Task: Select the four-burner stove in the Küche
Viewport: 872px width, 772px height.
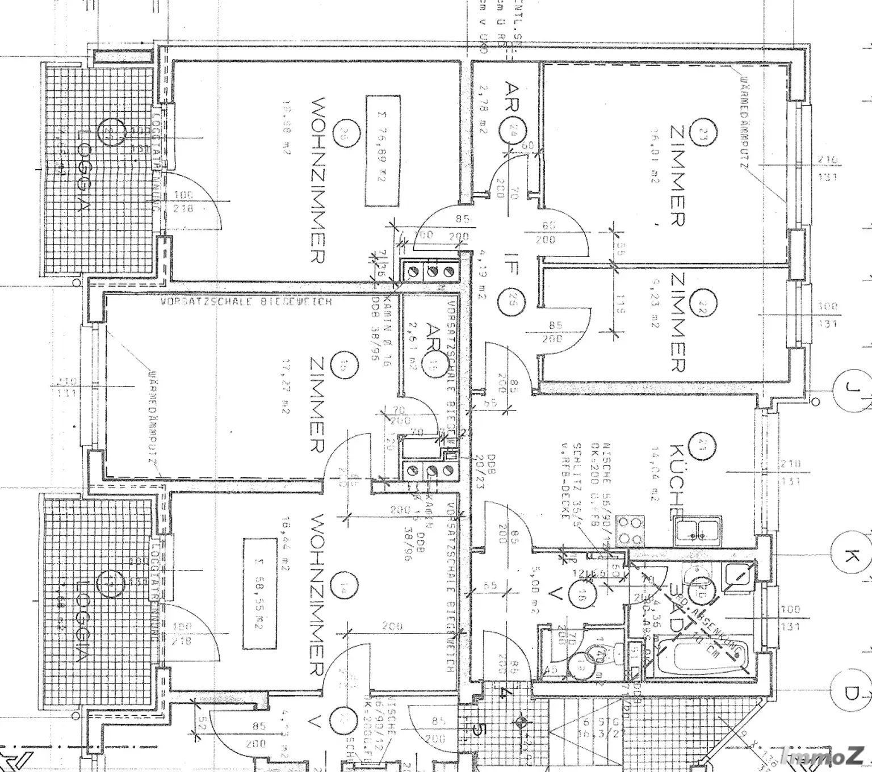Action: point(631,531)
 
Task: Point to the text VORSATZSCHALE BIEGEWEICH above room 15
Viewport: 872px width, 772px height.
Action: point(246,302)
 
